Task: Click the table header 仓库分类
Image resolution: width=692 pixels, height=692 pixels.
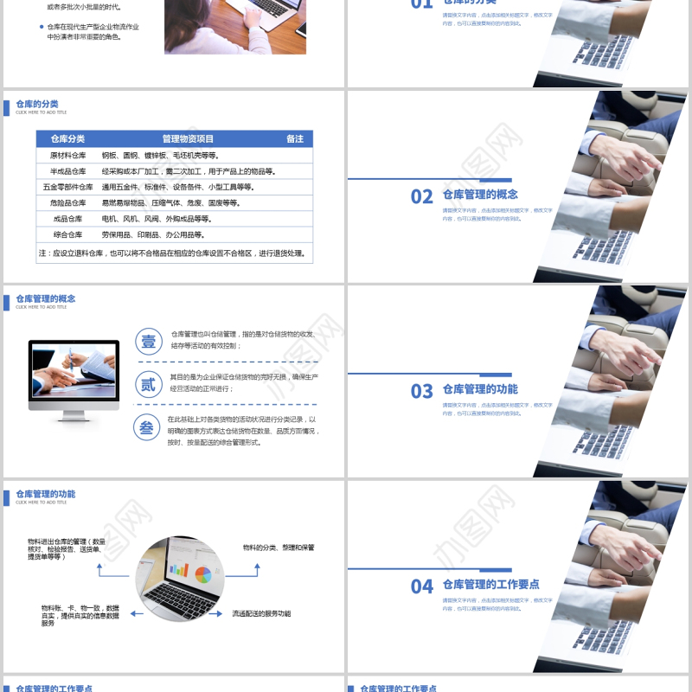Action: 67,138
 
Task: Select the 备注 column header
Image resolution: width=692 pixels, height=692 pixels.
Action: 295,138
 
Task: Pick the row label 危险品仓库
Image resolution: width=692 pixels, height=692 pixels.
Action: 67,202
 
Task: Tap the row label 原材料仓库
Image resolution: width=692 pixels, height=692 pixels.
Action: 67,156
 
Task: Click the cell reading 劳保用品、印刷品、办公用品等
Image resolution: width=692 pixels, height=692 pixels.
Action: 153,234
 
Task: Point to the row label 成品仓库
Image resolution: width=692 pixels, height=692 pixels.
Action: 67,219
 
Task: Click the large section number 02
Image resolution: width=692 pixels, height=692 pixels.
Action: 421,197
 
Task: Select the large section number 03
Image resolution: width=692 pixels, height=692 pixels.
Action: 421,392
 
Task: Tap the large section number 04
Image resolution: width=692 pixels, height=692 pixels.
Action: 421,587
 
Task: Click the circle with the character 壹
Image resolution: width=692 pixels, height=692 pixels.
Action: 148,341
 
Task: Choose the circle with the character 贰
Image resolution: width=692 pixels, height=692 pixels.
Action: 148,384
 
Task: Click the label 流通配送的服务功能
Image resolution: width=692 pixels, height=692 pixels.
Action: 261,613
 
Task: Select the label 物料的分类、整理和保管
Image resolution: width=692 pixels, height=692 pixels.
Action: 279,548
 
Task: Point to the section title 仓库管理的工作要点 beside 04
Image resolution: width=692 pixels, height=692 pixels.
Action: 490,585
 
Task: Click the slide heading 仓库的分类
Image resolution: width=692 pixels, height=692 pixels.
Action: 37,104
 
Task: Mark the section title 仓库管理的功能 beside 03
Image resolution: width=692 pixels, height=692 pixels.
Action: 480,389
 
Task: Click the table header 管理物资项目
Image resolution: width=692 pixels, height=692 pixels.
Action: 188,138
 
